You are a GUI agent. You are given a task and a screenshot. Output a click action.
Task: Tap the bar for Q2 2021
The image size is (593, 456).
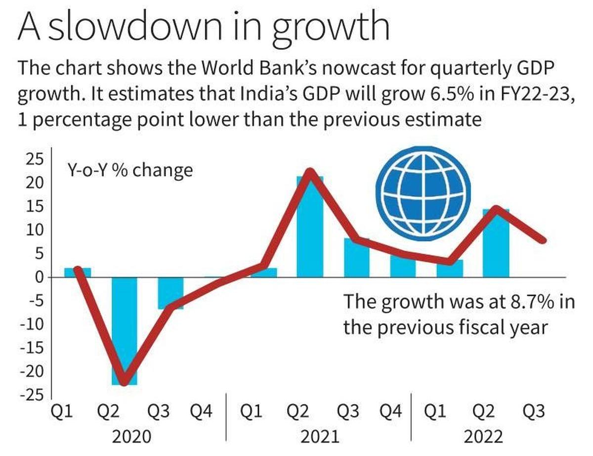pos(310,227)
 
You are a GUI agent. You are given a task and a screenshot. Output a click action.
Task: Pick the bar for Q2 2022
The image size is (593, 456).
pos(496,243)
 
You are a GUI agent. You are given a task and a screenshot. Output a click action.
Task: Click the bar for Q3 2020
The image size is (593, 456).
pos(171,293)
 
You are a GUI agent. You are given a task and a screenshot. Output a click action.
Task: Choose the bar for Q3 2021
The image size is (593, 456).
pos(356,257)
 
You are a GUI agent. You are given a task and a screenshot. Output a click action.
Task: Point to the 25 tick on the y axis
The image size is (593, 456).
pos(35,160)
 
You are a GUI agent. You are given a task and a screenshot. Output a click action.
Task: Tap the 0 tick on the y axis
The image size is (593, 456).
pos(39,277)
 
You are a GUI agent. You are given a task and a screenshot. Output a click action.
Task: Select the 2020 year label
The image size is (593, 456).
pos(132,437)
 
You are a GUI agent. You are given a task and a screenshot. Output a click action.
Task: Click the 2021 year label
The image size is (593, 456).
pos(320,437)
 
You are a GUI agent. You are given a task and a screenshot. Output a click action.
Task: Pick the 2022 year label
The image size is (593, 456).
pos(483,437)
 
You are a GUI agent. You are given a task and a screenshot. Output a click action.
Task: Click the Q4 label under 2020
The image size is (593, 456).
pos(201,411)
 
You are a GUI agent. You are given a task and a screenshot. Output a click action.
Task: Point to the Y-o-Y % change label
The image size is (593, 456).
pos(129,170)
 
